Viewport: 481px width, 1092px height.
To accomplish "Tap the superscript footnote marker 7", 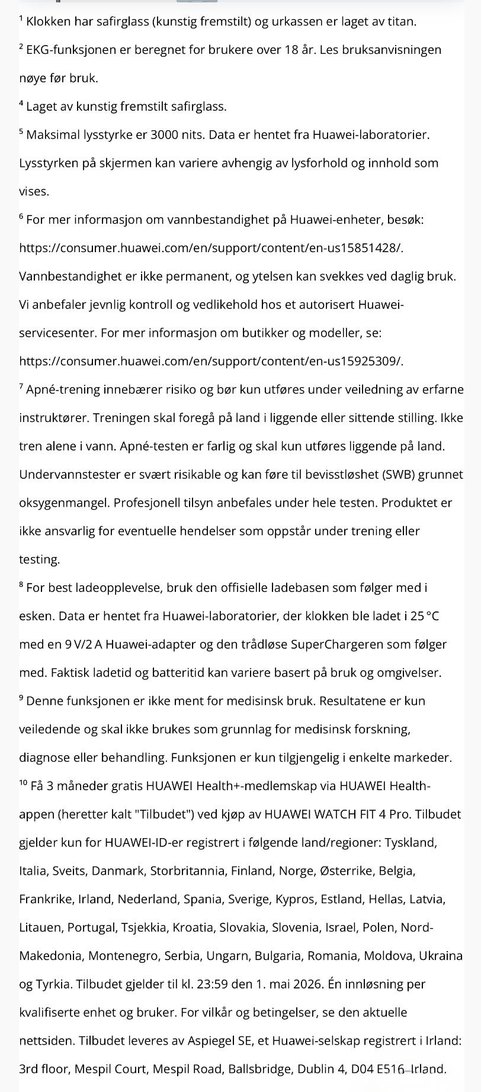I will click(x=21, y=387).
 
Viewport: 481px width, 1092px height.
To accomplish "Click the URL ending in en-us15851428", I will click(x=211, y=248).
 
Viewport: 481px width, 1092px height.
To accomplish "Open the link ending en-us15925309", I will click(x=211, y=361).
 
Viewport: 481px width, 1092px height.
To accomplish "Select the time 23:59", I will click(x=212, y=984).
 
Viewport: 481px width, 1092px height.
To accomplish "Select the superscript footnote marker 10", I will click(x=23, y=784).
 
